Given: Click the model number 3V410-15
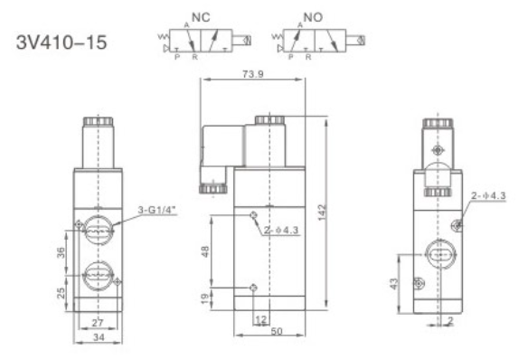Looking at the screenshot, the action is pyautogui.click(x=61, y=43).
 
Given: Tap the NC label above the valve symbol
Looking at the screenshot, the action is pyautogui.click(x=201, y=17).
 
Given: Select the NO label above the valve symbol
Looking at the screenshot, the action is pyautogui.click(x=313, y=17).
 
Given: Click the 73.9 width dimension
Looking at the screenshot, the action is pyautogui.click(x=253, y=74).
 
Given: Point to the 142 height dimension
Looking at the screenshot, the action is pyautogui.click(x=322, y=213).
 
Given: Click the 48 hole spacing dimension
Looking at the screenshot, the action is pyautogui.click(x=205, y=251).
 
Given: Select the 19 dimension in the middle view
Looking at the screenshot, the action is pyautogui.click(x=204, y=298).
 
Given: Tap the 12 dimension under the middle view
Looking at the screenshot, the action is pyautogui.click(x=261, y=319).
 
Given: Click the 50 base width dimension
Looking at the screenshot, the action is pyautogui.click(x=277, y=331).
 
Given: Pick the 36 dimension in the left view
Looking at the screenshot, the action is pyautogui.click(x=61, y=252).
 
